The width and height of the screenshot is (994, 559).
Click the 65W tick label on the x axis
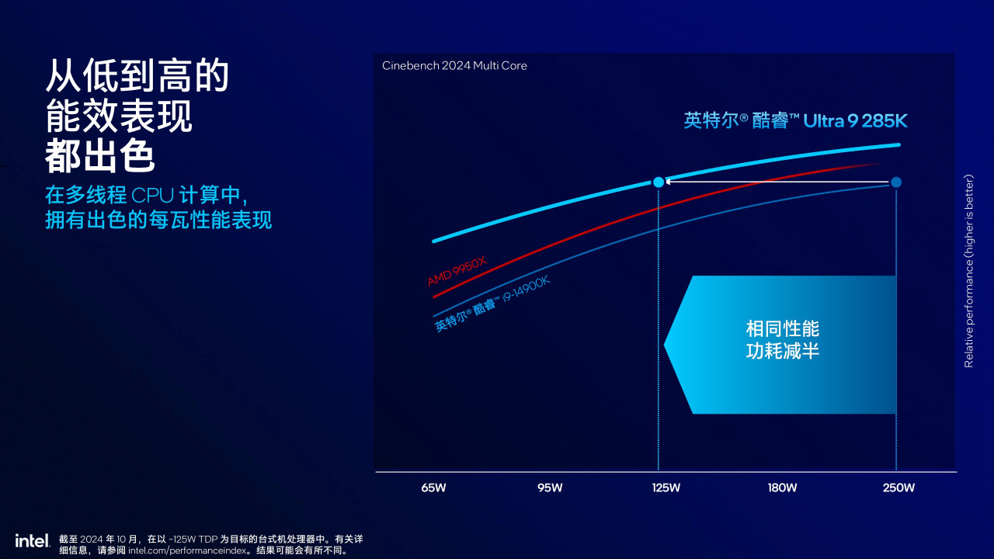(x=433, y=488)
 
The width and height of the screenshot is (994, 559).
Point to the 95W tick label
(x=550, y=488)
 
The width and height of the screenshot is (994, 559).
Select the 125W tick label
(x=666, y=488)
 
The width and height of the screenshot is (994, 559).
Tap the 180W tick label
(x=782, y=488)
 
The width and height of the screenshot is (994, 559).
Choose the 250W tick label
(x=898, y=488)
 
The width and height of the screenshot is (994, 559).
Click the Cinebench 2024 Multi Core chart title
(x=454, y=66)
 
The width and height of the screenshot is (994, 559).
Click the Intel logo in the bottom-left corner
(x=32, y=540)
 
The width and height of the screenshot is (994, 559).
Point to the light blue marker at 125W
(x=659, y=182)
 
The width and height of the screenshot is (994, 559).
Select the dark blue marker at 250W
(x=896, y=182)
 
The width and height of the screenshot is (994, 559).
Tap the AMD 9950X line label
(x=457, y=272)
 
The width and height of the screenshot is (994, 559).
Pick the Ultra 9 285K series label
(x=795, y=120)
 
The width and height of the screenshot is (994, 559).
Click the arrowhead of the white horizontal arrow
(x=669, y=182)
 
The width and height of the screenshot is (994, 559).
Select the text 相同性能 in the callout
(x=782, y=328)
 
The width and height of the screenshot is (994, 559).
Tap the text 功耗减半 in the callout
(x=782, y=352)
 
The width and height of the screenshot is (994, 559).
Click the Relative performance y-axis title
(x=968, y=271)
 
